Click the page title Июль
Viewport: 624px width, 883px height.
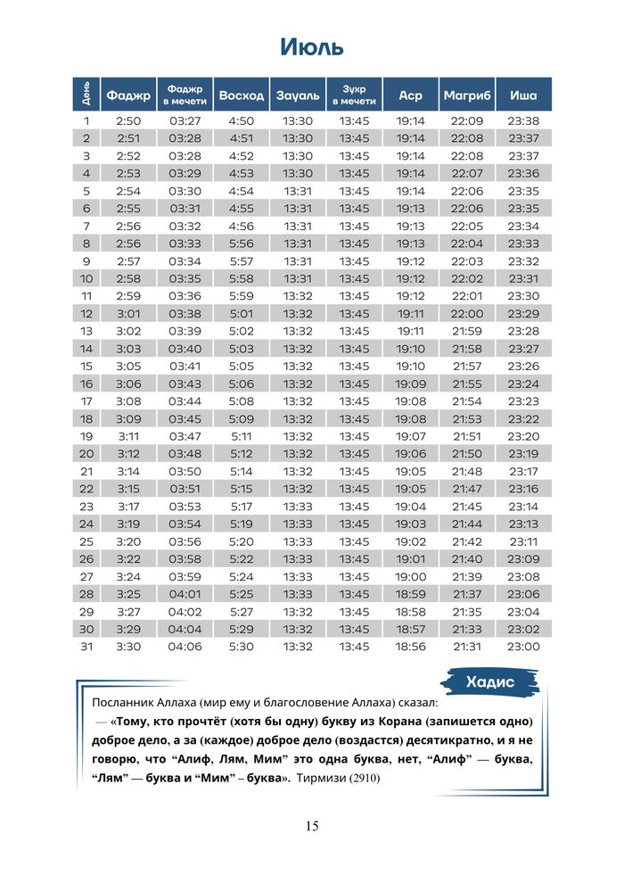pyautogui.click(x=311, y=46)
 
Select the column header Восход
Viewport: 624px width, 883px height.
pyautogui.click(x=241, y=95)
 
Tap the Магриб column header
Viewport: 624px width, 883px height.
pyautogui.click(x=466, y=95)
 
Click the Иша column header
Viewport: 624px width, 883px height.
pyautogui.click(x=523, y=95)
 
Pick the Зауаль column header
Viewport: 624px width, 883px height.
pyautogui.click(x=298, y=95)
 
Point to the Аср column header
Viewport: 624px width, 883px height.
pyautogui.click(x=411, y=95)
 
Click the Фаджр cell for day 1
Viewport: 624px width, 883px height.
pyautogui.click(x=128, y=120)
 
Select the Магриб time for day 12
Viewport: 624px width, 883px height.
pyautogui.click(x=466, y=313)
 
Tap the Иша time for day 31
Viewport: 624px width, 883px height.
pyautogui.click(x=523, y=647)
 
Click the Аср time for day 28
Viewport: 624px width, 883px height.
pyautogui.click(x=411, y=594)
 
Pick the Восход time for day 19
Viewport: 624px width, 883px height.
pyautogui.click(x=241, y=436)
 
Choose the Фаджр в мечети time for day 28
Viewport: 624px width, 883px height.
pyautogui.click(x=185, y=594)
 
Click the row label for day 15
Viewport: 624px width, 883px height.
pyautogui.click(x=86, y=366)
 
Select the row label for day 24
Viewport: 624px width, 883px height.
pyautogui.click(x=86, y=524)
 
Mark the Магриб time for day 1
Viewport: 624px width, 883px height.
pyautogui.click(x=466, y=120)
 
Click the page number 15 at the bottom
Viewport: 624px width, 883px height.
pyautogui.click(x=312, y=825)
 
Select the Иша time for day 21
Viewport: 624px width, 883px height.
pyautogui.click(x=523, y=471)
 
